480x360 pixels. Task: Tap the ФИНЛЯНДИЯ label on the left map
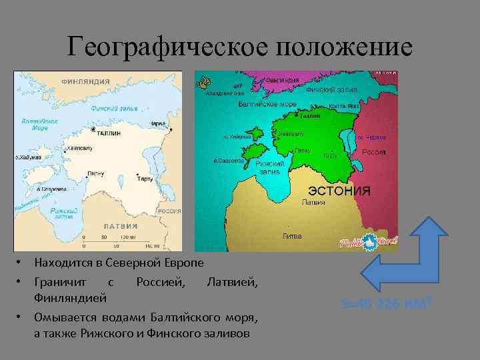coord(85,81)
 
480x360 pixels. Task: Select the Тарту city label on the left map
coord(145,179)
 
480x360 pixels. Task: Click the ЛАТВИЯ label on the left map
coord(119,226)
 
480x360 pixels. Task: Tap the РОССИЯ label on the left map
coord(169,211)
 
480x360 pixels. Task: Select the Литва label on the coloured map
coord(292,236)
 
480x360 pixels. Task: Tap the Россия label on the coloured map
coord(374,152)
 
